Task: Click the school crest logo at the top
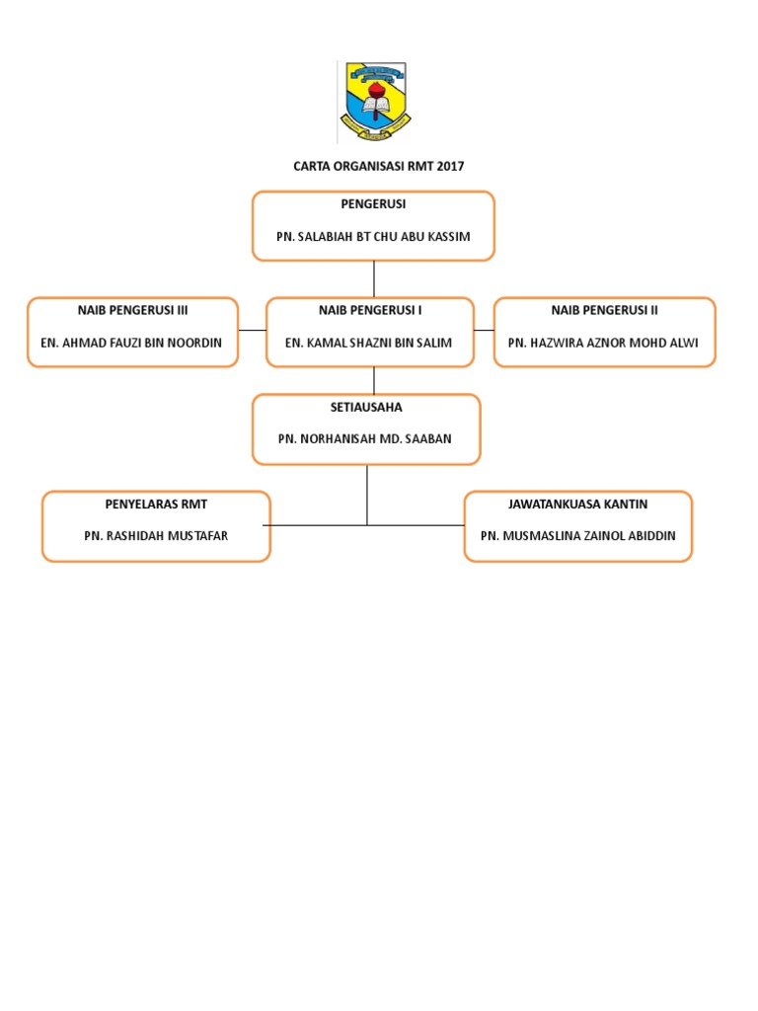(374, 103)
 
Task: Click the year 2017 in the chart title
(449, 166)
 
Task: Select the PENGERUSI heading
(373, 204)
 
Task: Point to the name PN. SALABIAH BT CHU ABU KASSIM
(373, 237)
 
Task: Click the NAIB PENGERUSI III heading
(133, 310)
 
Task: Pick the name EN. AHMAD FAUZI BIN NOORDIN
(133, 343)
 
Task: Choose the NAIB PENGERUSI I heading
(370, 310)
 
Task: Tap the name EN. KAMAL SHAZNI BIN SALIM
(370, 343)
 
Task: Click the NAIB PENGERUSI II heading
(604, 310)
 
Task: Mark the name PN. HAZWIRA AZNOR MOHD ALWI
(604, 343)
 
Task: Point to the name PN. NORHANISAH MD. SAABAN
(367, 438)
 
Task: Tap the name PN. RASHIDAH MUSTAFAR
(156, 536)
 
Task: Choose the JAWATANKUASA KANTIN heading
(577, 505)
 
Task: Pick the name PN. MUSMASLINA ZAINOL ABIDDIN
(577, 536)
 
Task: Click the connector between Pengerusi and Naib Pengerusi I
(374, 278)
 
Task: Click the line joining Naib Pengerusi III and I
(253, 330)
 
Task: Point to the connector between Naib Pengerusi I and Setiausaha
(374, 380)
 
